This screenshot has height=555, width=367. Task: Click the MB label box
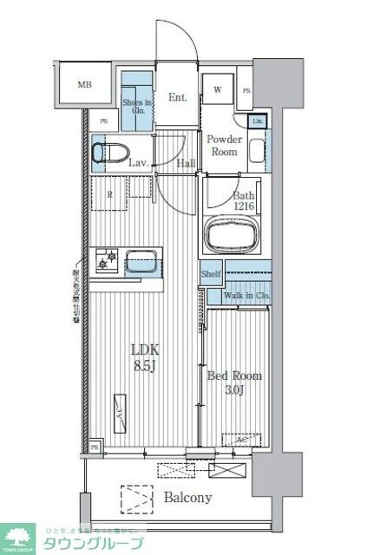[84, 84]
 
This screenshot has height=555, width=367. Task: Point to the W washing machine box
[218, 90]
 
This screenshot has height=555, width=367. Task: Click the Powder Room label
[225, 145]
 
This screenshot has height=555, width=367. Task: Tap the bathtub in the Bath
[232, 235]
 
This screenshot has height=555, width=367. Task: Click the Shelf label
[211, 274]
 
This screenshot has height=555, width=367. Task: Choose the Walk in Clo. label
[246, 296]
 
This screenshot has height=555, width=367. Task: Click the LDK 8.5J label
[144, 355]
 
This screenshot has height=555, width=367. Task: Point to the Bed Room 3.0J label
[233, 382]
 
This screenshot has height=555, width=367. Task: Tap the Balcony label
[187, 498]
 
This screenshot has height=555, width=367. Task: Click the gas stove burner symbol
[108, 258]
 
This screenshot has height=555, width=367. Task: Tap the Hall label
[186, 162]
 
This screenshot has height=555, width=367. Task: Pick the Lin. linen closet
[258, 121]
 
